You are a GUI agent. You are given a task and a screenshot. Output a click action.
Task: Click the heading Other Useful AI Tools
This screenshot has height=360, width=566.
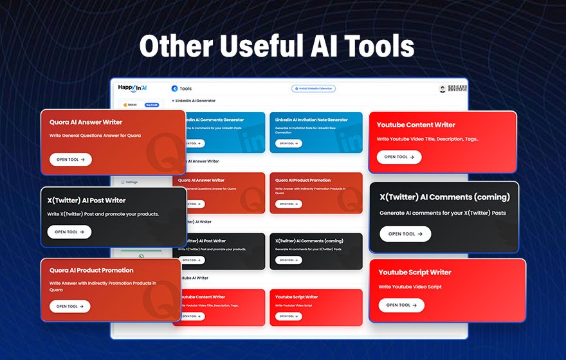tap(277, 46)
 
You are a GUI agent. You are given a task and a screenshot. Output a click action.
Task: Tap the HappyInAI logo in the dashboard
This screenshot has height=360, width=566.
tap(133, 87)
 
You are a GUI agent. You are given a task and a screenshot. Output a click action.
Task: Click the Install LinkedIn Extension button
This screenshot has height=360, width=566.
tap(313, 89)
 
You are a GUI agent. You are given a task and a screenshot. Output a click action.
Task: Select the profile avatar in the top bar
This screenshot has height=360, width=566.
tap(443, 89)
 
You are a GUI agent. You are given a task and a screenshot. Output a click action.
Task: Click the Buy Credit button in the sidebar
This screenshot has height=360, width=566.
tap(151, 104)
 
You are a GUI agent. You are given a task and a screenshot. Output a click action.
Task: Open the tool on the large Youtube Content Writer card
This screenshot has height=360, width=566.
tap(399, 157)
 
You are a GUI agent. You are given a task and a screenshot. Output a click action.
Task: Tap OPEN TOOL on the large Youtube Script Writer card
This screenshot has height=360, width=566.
tap(401, 305)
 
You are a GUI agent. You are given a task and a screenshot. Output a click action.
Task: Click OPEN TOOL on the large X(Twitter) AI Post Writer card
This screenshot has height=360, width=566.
tap(69, 232)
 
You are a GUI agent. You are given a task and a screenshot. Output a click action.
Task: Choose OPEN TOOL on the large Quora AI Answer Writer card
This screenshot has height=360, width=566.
tap(70, 159)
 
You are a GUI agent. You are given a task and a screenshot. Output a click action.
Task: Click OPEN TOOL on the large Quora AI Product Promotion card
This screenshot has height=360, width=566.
tap(70, 307)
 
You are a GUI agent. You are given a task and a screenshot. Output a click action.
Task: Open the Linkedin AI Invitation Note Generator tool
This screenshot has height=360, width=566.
tap(288, 143)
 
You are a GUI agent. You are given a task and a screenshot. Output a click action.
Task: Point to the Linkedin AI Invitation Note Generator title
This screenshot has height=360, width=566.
tap(311, 120)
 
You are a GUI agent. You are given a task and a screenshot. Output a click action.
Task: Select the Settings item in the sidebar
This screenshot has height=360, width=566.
tap(131, 182)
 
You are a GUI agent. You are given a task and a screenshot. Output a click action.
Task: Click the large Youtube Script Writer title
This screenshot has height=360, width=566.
tap(415, 273)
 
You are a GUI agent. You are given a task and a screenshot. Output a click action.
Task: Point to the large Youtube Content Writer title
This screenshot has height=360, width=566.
tap(416, 125)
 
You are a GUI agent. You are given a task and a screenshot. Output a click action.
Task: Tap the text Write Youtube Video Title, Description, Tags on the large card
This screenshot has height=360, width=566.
tap(428, 139)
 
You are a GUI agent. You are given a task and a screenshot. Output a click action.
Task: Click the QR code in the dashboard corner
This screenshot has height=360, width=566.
tap(457, 89)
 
